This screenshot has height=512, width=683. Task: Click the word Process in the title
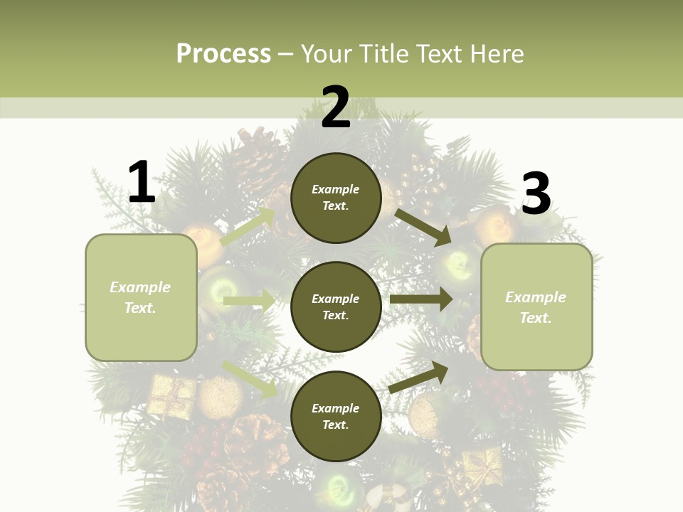tap(223, 54)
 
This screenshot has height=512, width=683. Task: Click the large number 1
tap(142, 183)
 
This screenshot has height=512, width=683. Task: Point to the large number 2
tap(336, 107)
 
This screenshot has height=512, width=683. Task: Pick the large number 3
tap(536, 194)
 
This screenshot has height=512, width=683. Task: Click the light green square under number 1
tap(141, 297)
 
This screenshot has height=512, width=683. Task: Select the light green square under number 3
tap(536, 307)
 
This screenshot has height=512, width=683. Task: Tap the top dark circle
tap(336, 198)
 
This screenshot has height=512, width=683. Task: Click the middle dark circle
tap(336, 307)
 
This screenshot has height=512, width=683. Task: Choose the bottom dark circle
tap(336, 417)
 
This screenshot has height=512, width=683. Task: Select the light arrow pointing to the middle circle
tap(249, 301)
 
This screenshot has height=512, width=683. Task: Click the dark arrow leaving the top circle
tap(423, 228)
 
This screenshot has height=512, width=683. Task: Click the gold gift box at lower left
tap(171, 396)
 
